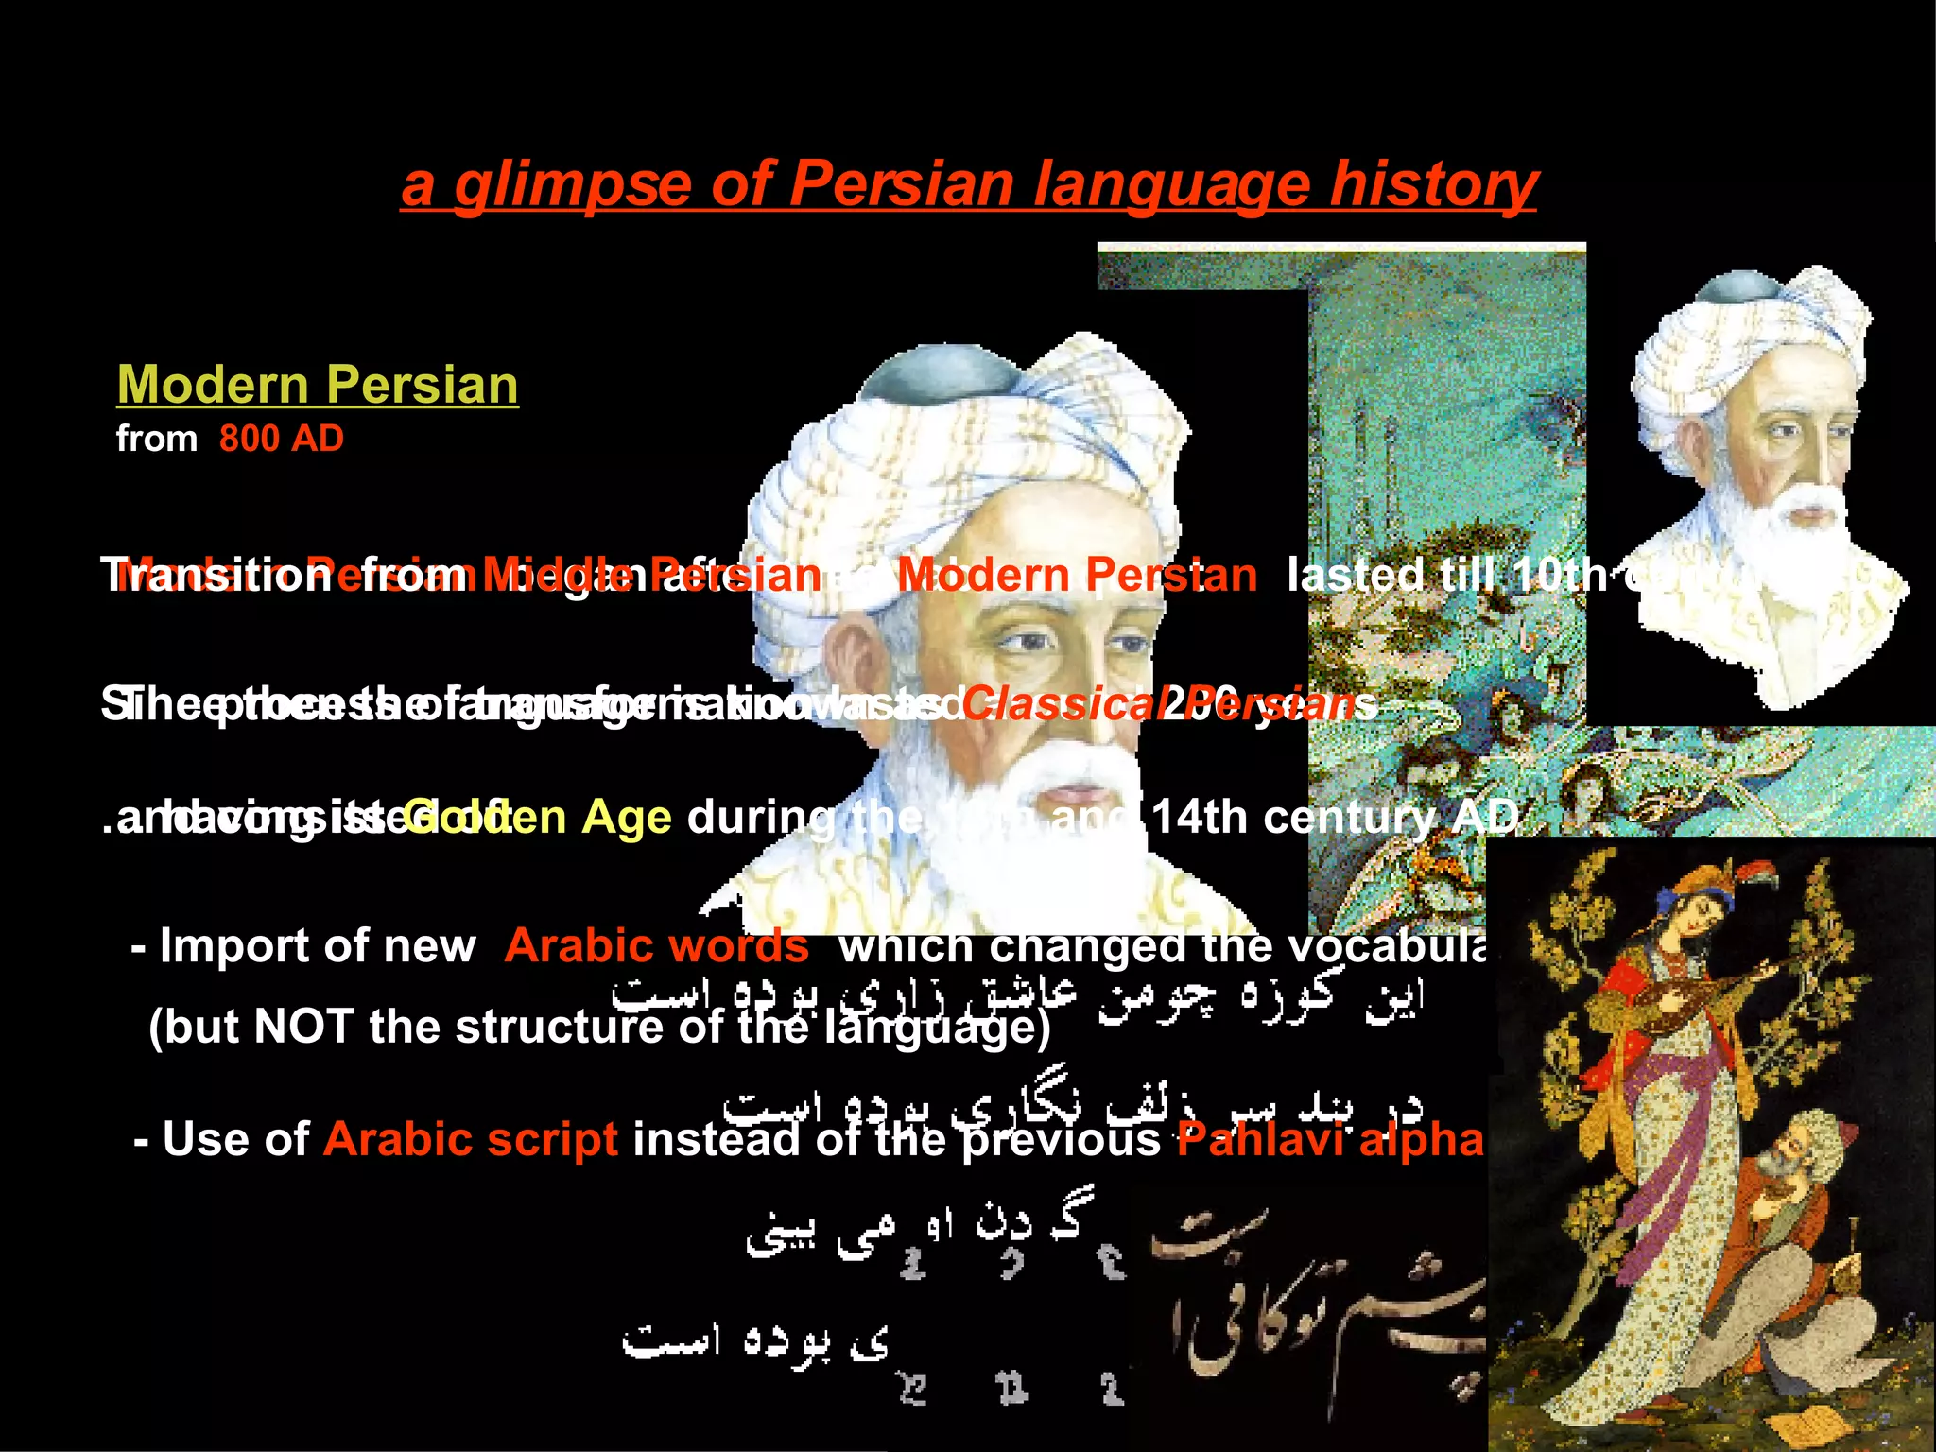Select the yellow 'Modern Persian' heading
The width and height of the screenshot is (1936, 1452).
318,385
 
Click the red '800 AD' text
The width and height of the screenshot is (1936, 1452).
282,439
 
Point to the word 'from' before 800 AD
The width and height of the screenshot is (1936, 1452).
157,440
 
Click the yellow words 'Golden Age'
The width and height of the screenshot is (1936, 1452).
539,818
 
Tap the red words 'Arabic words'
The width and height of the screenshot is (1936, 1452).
656,945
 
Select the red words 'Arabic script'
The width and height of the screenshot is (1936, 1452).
471,1139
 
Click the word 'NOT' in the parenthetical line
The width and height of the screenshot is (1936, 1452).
303,1027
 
